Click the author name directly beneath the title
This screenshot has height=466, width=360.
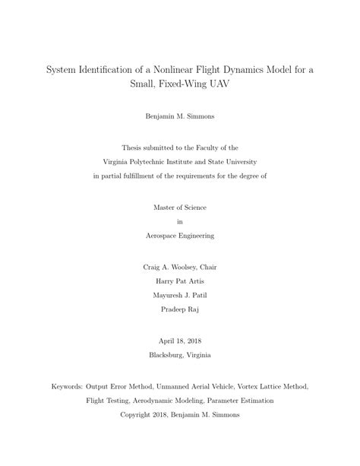coord(180,117)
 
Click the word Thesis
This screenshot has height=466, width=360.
coord(134,148)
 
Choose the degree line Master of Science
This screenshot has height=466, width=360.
coord(180,208)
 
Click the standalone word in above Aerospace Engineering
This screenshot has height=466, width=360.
coord(180,221)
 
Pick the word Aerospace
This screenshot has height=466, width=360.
coord(161,235)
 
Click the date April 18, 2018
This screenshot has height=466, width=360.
coord(180,341)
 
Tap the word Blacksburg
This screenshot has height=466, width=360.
coord(166,355)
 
